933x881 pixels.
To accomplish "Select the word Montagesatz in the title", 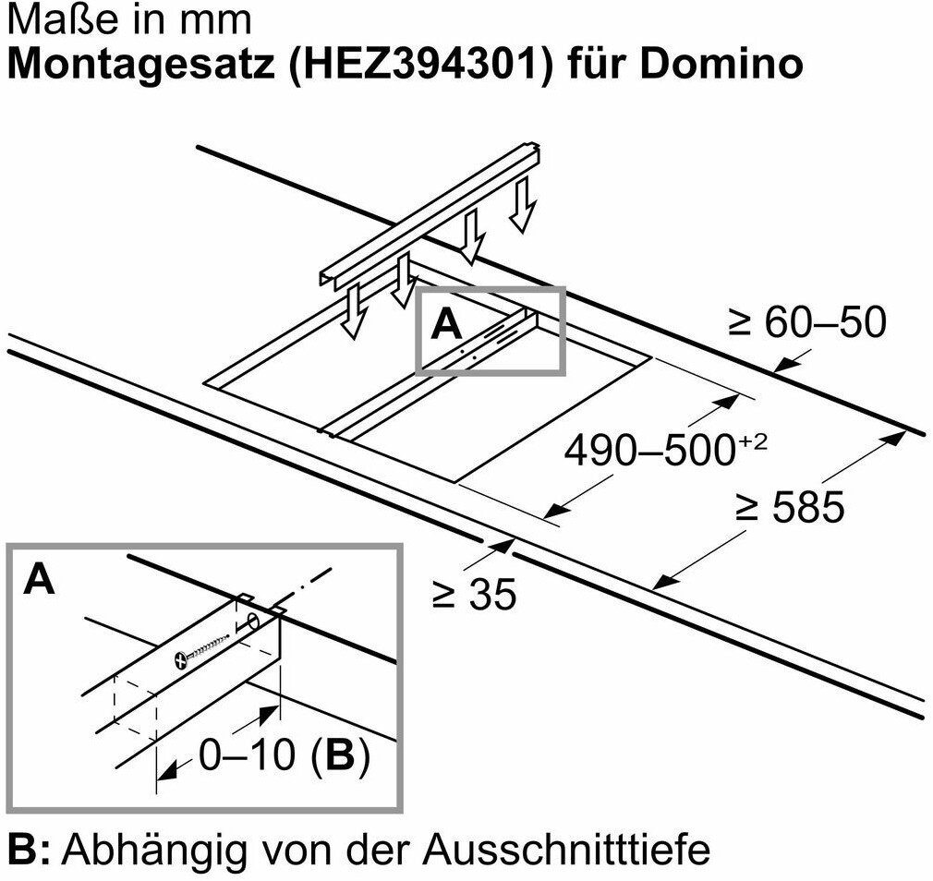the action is coord(131,64).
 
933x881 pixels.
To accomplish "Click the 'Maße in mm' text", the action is coord(128,19).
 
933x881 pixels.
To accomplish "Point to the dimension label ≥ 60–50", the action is coord(806,321).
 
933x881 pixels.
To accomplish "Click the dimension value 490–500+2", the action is coord(665,451).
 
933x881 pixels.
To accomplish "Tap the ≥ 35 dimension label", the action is coord(474,596).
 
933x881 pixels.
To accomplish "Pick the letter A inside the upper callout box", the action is coord(446,325).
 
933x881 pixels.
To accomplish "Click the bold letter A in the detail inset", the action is coord(39,579).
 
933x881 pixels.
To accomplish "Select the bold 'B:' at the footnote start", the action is coord(30,848).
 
